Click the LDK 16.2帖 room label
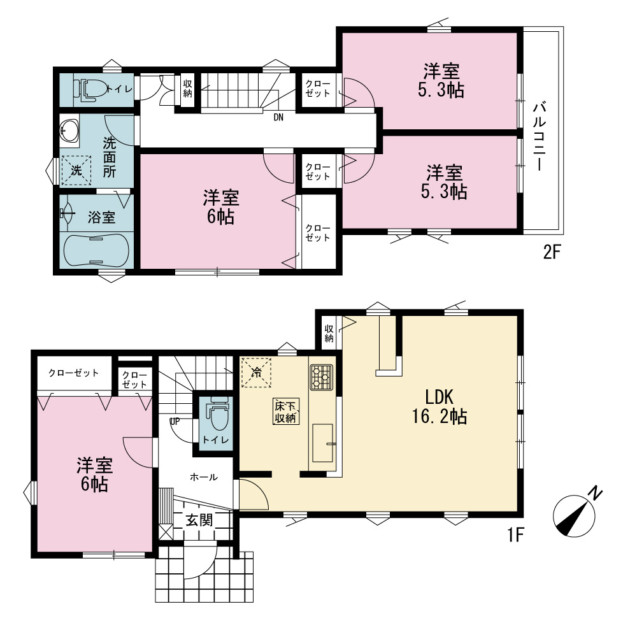click(x=440, y=406)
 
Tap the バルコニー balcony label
click(x=540, y=136)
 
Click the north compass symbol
click(x=576, y=513)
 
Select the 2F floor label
click(x=552, y=253)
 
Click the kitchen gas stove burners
click(x=321, y=377)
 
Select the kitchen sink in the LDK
click(x=323, y=443)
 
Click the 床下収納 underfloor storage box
click(x=286, y=411)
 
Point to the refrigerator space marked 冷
click(x=256, y=372)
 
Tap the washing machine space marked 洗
click(x=76, y=171)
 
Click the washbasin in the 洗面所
click(x=69, y=131)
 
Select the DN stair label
click(x=278, y=117)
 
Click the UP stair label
click(x=175, y=421)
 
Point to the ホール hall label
click(x=204, y=477)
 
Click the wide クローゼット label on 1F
click(x=73, y=373)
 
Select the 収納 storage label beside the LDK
click(x=329, y=333)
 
